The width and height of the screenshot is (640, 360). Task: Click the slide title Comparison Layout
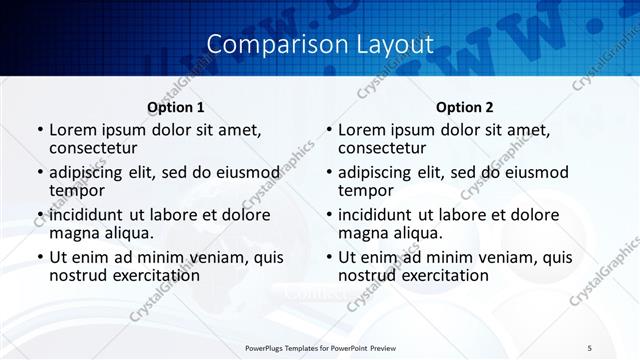pyautogui.click(x=319, y=44)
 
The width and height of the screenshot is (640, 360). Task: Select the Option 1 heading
pyautogui.click(x=175, y=107)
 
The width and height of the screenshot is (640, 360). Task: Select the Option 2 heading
pyautogui.click(x=464, y=107)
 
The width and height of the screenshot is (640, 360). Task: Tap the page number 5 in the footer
pyautogui.click(x=589, y=348)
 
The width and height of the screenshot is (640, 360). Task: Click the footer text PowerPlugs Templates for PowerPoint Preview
pyautogui.click(x=319, y=348)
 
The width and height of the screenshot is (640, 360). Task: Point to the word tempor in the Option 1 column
pyautogui.click(x=75, y=191)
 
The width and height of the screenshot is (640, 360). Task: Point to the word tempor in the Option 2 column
pyautogui.click(x=364, y=191)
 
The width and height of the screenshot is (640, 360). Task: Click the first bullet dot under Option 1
pyautogui.click(x=39, y=131)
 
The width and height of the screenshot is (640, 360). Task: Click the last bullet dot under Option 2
pyautogui.click(x=328, y=257)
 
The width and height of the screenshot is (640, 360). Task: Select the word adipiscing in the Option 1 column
pyautogui.click(x=89, y=172)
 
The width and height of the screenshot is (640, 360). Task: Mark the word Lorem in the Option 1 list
pyautogui.click(x=71, y=130)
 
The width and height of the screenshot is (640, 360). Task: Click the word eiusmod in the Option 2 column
pyautogui.click(x=534, y=172)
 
